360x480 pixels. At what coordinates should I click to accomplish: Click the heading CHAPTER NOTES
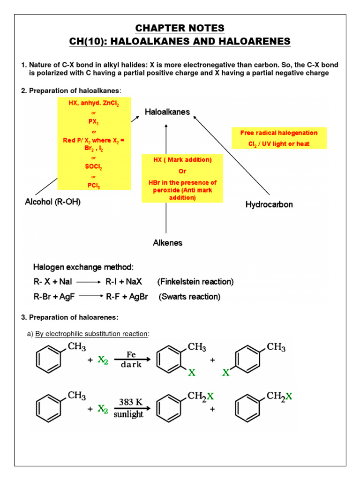click(180, 28)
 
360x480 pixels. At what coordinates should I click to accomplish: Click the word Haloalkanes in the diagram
click(167, 112)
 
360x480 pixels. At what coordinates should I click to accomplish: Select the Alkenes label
click(167, 243)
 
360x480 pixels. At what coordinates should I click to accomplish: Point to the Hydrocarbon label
click(269, 205)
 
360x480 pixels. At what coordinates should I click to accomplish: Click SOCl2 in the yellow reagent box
click(93, 167)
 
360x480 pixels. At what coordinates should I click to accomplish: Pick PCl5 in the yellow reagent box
click(93, 186)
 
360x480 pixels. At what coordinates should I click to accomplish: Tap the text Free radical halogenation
click(279, 133)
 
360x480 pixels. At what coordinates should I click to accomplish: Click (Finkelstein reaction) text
click(195, 282)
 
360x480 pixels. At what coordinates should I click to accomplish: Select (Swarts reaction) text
click(189, 297)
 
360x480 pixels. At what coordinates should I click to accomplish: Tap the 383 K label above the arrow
click(131, 402)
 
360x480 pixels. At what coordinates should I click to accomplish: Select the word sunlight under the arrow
click(129, 414)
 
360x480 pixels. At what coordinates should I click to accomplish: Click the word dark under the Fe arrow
click(131, 365)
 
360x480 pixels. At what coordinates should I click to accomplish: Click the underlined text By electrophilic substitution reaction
click(92, 334)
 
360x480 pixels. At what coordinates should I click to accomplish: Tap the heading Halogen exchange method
click(83, 267)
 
